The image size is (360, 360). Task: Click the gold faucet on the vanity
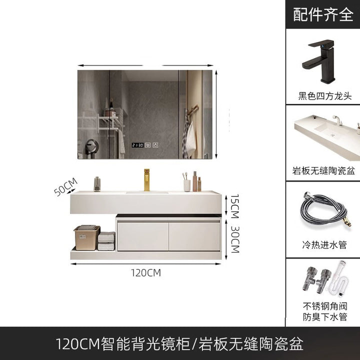146,180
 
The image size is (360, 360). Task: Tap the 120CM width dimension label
146,273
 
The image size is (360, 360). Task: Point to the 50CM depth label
65,187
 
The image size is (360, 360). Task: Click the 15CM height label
235,206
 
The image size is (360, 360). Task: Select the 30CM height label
235,239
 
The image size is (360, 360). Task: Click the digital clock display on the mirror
137,145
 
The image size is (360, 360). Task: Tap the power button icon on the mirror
155,145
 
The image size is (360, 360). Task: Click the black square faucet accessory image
318,61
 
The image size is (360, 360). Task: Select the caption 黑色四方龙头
324,95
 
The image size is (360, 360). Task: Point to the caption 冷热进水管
324,244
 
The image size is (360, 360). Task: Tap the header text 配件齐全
323,14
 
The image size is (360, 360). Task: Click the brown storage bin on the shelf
87,237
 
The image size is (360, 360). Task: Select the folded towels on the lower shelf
106,240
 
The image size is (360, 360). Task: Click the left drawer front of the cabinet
143,236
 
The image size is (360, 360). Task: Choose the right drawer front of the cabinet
194,236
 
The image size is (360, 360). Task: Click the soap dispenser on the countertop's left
97,184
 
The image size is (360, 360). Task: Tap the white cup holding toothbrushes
187,185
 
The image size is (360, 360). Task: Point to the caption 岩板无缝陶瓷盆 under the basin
323,171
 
